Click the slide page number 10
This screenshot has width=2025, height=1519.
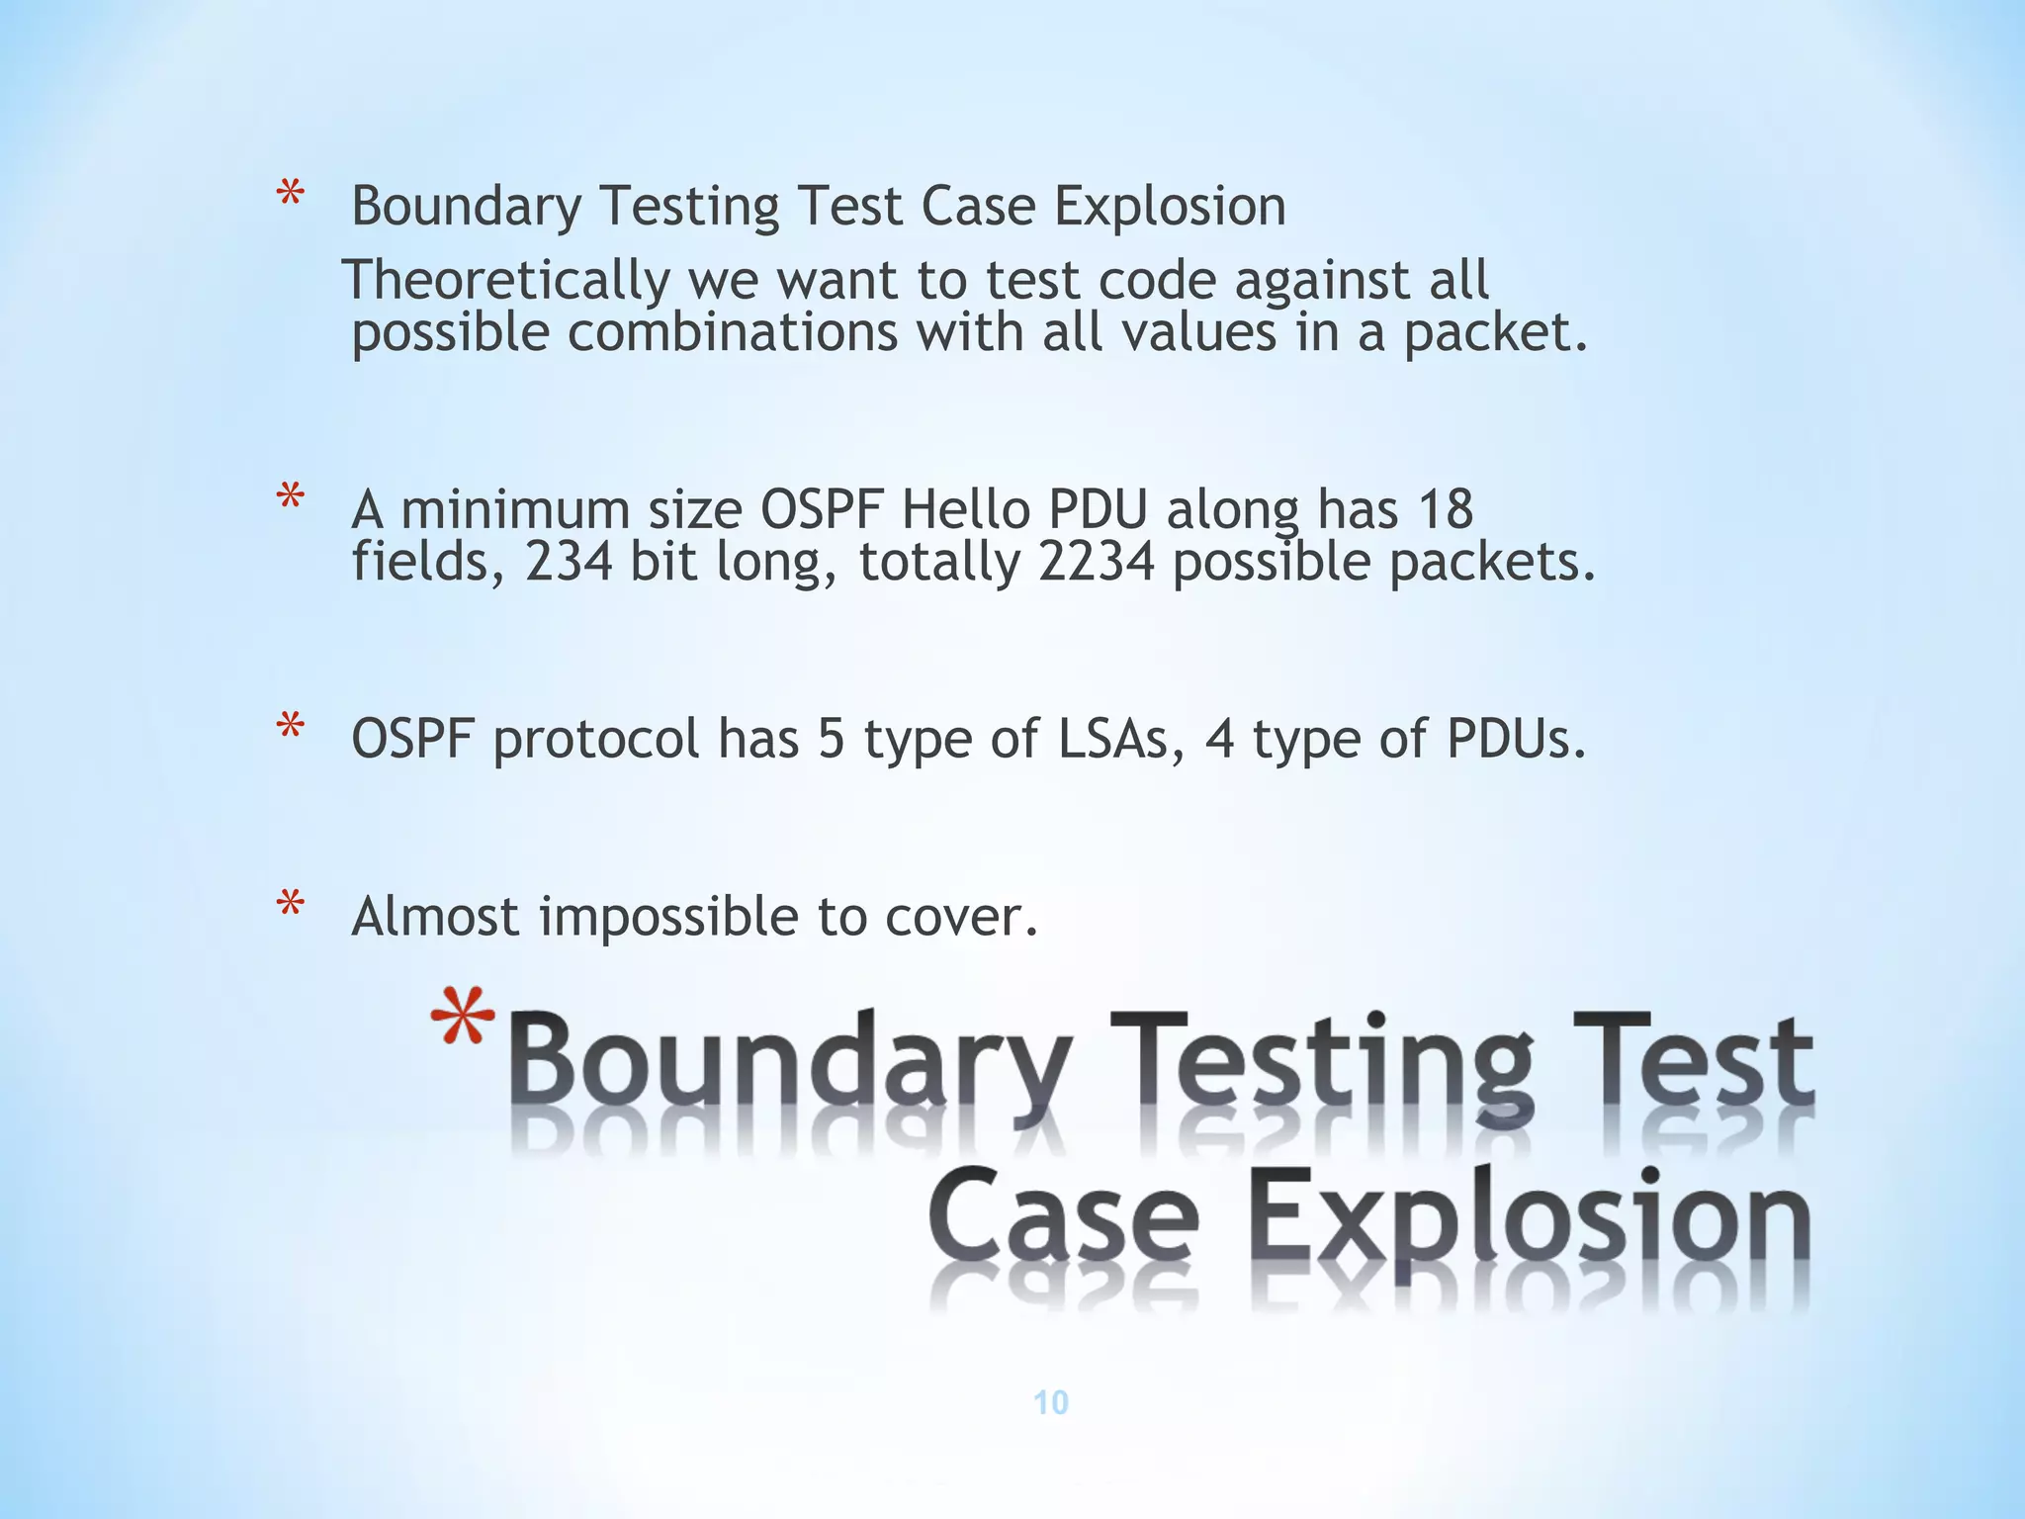1050,1402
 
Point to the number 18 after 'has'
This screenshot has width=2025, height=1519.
1445,510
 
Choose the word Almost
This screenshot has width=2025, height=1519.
435,916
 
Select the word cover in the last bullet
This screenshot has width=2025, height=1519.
960,918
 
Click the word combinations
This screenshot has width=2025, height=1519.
732,332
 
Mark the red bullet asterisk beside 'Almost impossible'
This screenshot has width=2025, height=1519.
290,906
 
